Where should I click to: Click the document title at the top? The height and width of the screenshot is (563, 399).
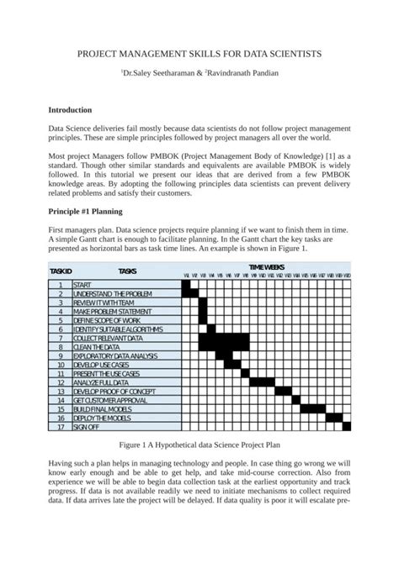click(199, 53)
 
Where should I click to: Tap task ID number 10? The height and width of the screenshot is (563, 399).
click(61, 364)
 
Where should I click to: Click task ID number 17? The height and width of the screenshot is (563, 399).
click(61, 426)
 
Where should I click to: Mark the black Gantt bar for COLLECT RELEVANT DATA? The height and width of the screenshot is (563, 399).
click(224, 337)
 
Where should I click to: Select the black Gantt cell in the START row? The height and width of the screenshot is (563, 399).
click(187, 285)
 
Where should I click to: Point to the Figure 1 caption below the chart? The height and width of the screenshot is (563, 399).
click(199, 446)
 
